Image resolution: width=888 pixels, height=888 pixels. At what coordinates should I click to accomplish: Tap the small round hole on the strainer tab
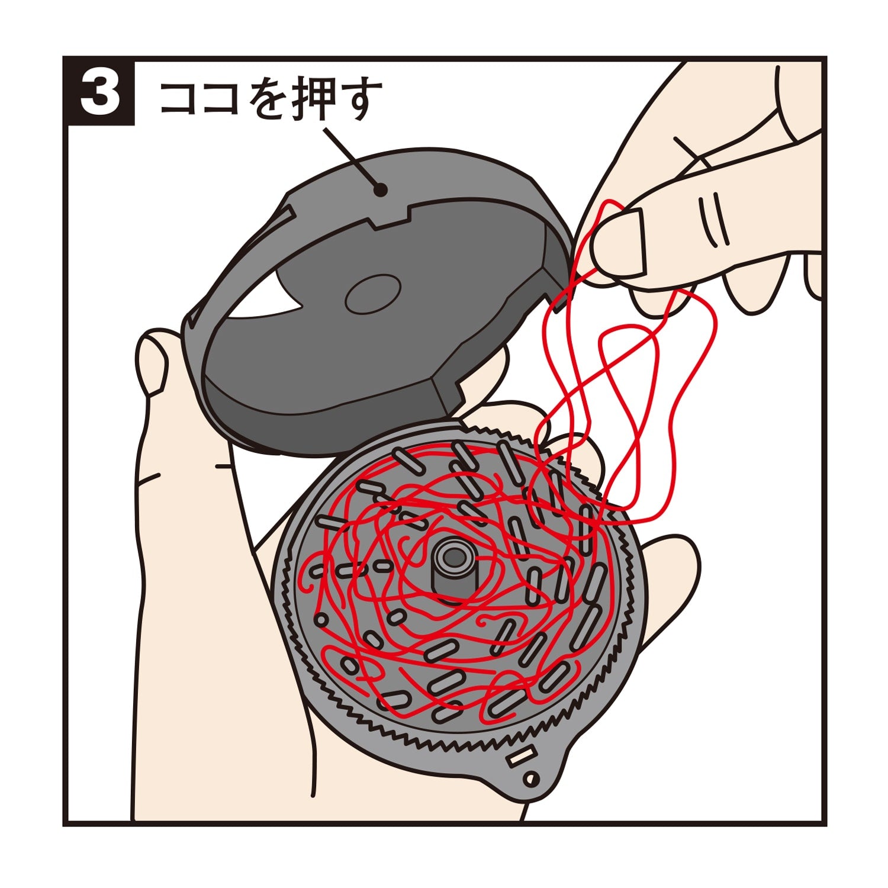tap(532, 778)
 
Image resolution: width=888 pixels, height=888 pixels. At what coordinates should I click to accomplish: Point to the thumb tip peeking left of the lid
tap(151, 361)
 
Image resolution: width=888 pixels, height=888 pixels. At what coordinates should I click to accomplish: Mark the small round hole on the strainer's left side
tap(321, 619)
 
